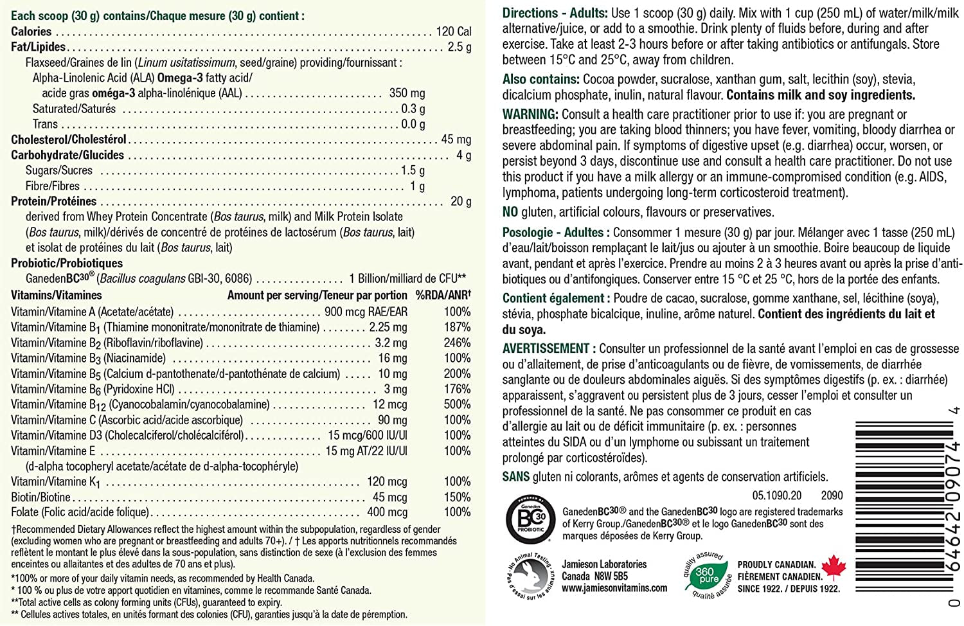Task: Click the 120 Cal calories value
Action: pyautogui.click(x=454, y=31)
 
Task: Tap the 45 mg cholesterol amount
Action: pyautogui.click(x=456, y=139)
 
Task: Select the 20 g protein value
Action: pyautogui.click(x=461, y=201)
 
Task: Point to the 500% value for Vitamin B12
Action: pyautogui.click(x=457, y=404)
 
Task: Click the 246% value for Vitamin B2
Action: pyautogui.click(x=457, y=343)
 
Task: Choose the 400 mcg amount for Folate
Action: pyautogui.click(x=387, y=512)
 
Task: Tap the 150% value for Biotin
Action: pyautogui.click(x=457, y=497)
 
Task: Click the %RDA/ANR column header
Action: pyautogui.click(x=443, y=295)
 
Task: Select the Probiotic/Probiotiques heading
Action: pyautogui.click(x=67, y=263)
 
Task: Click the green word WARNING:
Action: pyautogui.click(x=530, y=114)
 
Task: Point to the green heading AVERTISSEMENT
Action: pyautogui.click(x=546, y=348)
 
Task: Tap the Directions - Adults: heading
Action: pyautogui.click(x=555, y=13)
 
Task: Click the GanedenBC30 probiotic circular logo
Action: pyautogui.click(x=526, y=518)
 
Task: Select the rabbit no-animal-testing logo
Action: pyautogui.click(x=530, y=575)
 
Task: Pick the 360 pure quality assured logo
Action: pyautogui.click(x=707, y=574)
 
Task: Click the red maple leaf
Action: pyautogui.click(x=834, y=567)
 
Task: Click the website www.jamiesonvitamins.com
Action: pyautogui.click(x=614, y=588)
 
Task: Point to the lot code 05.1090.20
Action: pyautogui.click(x=777, y=496)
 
